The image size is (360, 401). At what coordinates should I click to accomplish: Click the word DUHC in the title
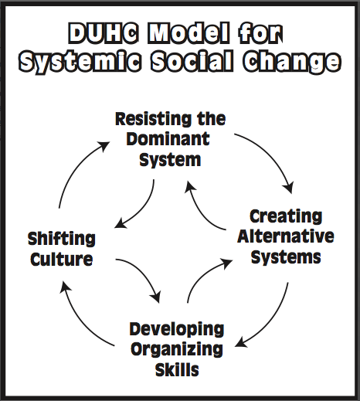pyautogui.click(x=103, y=33)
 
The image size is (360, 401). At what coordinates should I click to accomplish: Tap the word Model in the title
pyautogui.click(x=188, y=33)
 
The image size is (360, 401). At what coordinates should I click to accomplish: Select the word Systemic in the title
pyautogui.click(x=80, y=62)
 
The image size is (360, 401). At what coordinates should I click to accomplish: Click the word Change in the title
pyautogui.click(x=292, y=62)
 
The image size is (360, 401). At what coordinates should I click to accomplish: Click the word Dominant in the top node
pyautogui.click(x=168, y=139)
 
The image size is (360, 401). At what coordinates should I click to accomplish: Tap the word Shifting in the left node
pyautogui.click(x=62, y=239)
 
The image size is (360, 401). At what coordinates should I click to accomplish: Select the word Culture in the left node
pyautogui.click(x=62, y=259)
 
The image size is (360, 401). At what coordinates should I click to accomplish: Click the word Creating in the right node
pyautogui.click(x=286, y=216)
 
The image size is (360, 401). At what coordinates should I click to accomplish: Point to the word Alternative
pyautogui.click(x=286, y=236)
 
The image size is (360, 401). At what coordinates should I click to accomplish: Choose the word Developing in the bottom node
pyautogui.click(x=177, y=330)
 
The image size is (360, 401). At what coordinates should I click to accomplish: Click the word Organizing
pyautogui.click(x=177, y=350)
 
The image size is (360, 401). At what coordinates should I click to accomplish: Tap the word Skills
pyautogui.click(x=177, y=370)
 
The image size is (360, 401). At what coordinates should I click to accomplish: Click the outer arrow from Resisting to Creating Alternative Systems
pyautogui.click(x=272, y=154)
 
